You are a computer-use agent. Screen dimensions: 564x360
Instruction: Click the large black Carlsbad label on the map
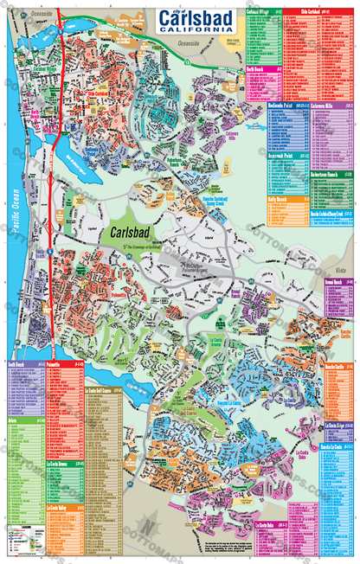(x=129, y=232)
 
